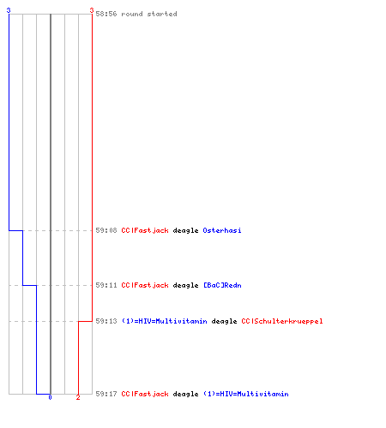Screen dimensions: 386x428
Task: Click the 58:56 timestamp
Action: click(106, 14)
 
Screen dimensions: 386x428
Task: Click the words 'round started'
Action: click(149, 14)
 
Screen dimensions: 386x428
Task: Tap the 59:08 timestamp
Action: click(106, 230)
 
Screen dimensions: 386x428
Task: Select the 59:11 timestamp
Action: click(106, 285)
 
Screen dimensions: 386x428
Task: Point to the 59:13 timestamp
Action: click(106, 321)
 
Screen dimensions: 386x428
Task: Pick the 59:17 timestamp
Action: click(106, 394)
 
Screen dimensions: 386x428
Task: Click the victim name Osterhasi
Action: click(222, 230)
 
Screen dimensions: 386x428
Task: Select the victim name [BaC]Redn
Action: click(222, 285)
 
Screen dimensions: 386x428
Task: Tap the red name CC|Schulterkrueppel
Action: click(282, 321)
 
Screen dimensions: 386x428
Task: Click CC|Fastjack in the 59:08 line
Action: click(145, 230)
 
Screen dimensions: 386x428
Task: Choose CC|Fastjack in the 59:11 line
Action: click(145, 285)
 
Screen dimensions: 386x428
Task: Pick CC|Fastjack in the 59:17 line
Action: click(145, 394)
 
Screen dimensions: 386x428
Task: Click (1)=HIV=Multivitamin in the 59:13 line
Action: click(165, 321)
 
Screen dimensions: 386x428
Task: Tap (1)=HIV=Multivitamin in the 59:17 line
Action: click(246, 394)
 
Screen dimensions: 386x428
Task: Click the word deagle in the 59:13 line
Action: click(225, 321)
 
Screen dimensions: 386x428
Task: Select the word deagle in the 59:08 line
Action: click(186, 230)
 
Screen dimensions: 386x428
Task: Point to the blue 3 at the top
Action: click(9, 10)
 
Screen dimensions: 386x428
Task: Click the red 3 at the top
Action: click(92, 10)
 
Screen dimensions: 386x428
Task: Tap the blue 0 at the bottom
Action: click(50, 397)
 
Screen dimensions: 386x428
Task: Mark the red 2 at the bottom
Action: click(78, 397)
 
